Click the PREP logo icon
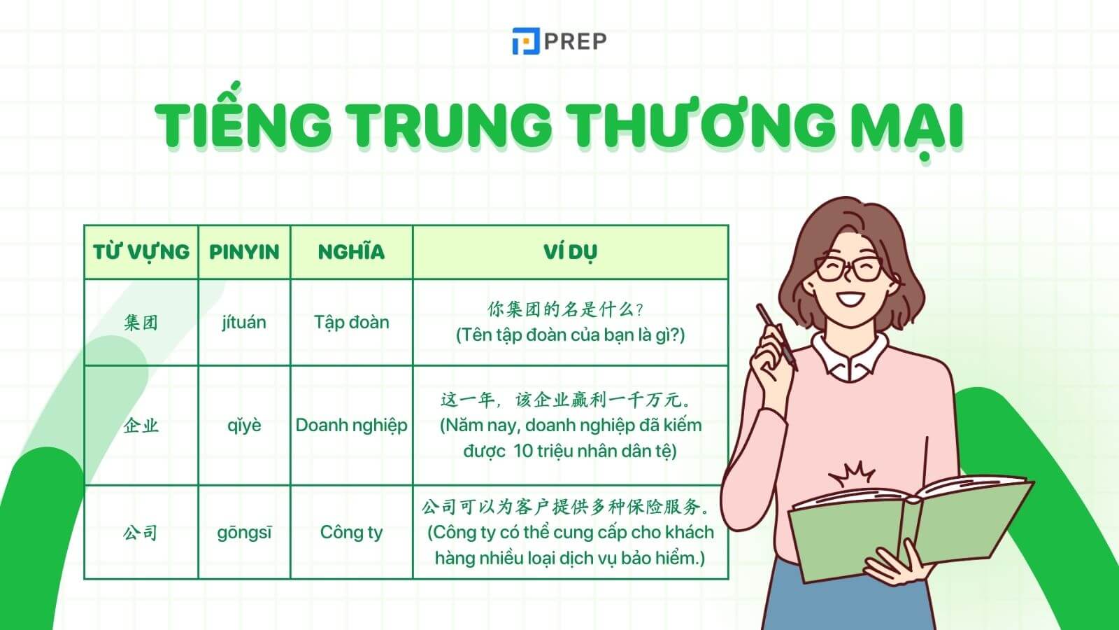[525, 41]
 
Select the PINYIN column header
[244, 252]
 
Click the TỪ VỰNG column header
[141, 252]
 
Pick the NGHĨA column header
[351, 252]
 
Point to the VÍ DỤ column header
[570, 252]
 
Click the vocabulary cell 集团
[141, 323]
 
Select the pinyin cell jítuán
[244, 323]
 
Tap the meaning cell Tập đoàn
[351, 323]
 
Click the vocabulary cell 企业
[141, 426]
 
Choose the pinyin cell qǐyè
[244, 426]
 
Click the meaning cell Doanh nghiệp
[351, 426]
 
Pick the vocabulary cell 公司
[141, 533]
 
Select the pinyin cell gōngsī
[244, 533]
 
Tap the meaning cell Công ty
[351, 533]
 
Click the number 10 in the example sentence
[522, 451]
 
